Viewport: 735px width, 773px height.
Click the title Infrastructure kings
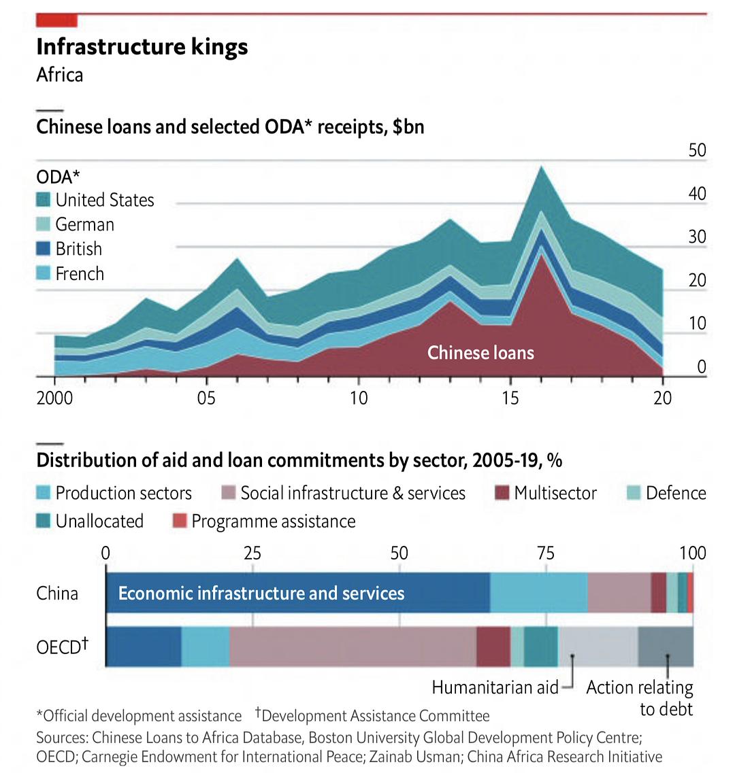click(142, 47)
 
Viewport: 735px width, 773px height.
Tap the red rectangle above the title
click(56, 20)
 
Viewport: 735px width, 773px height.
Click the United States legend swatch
click(44, 200)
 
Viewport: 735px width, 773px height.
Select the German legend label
click(84, 224)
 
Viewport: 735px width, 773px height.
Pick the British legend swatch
click(44, 249)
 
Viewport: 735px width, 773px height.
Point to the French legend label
click(80, 273)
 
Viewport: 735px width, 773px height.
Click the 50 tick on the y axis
click(697, 150)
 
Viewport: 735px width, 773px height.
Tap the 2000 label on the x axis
click(54, 398)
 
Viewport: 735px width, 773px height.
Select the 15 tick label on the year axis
click(510, 398)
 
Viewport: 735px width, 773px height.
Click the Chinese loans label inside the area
click(480, 352)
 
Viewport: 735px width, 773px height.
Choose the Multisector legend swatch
click(502, 493)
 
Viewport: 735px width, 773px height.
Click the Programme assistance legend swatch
click(179, 521)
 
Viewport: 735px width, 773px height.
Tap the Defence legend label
click(676, 493)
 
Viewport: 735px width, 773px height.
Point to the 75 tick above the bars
click(546, 553)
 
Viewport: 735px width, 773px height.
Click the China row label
click(57, 593)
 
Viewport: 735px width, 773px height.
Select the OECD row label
click(62, 646)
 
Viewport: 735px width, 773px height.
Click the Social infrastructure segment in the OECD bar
click(353, 646)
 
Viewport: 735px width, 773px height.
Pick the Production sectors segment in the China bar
click(538, 593)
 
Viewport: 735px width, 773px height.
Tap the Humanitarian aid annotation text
click(495, 687)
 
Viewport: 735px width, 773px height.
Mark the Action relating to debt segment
click(666, 646)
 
